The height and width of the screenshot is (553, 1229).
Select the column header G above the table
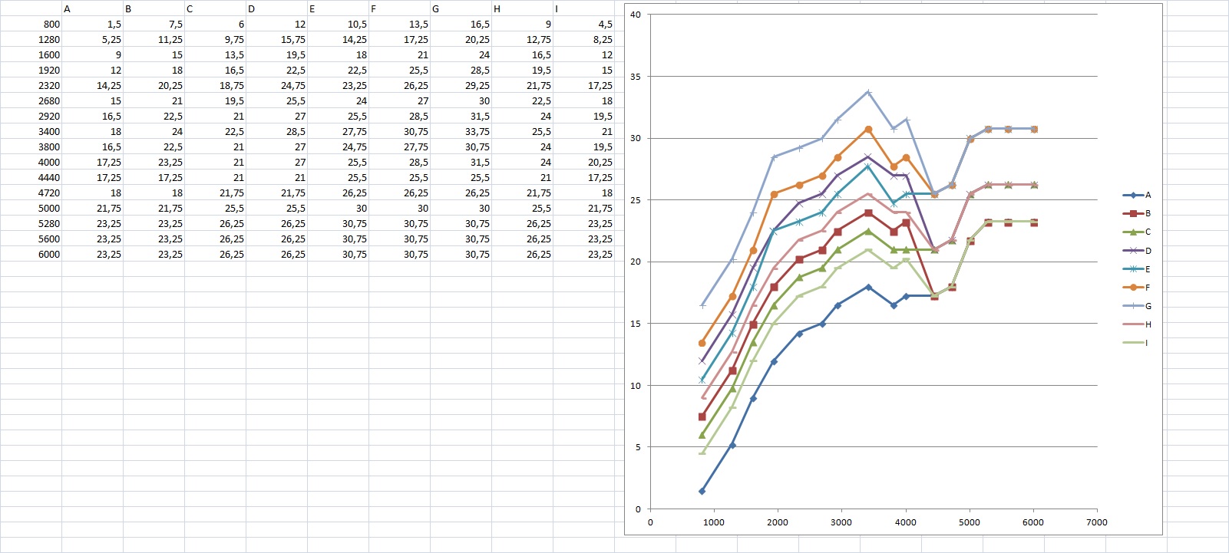click(x=436, y=9)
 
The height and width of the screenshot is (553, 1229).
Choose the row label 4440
click(x=48, y=178)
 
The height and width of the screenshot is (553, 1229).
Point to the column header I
click(x=557, y=9)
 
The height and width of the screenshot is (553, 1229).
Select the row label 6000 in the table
click(x=48, y=255)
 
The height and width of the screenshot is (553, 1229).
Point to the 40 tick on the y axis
click(x=636, y=15)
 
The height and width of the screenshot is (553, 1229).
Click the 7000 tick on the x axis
click(x=1097, y=522)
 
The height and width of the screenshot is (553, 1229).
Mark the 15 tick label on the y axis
click(x=636, y=324)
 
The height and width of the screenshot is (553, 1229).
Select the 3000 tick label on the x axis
click(x=841, y=522)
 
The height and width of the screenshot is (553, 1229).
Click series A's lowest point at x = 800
click(x=702, y=491)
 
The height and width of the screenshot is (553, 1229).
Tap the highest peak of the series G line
click(x=867, y=92)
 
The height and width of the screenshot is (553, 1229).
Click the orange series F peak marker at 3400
click(x=867, y=129)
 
